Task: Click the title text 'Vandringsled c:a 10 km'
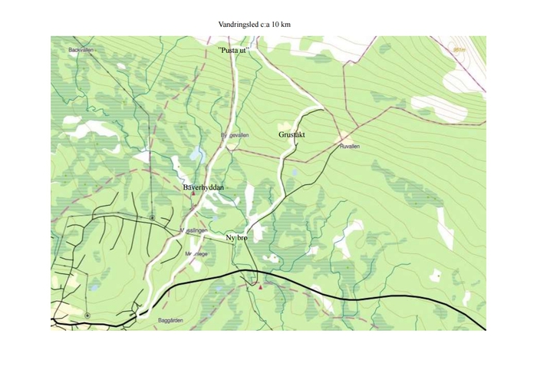255,25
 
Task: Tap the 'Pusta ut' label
235,50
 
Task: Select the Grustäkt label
292,135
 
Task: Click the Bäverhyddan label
203,187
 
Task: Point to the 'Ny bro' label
237,239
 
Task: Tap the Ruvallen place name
349,146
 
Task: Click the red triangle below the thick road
260,287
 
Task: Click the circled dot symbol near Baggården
87,315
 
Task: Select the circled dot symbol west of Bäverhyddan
152,217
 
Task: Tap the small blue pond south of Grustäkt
295,172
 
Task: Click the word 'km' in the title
285,25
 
